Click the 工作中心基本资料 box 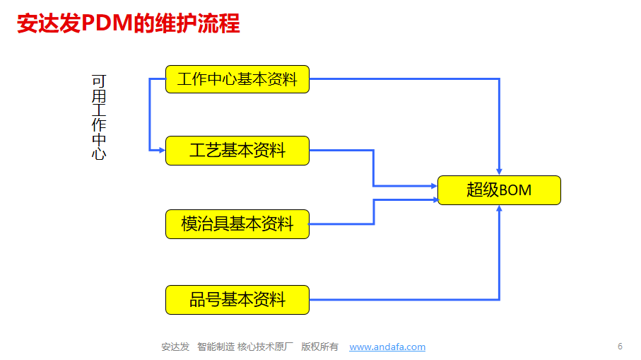pos(237,79)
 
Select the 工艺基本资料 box pos(237,151)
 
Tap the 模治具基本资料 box pos(237,224)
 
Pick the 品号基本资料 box pos(237,300)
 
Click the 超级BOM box pos(499,190)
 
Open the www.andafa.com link pos(387,347)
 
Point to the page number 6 pos(620,347)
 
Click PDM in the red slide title pos(107,23)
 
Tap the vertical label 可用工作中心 pos(99,117)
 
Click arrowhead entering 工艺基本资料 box pos(162,151)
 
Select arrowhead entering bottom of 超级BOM pos(499,209)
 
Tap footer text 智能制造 pos(216,347)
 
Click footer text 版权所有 pos(319,347)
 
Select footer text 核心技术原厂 pos(265,347)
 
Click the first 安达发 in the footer pos(175,347)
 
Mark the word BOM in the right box pos(515,190)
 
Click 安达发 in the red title pos(49,23)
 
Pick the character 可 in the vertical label pos(99,81)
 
